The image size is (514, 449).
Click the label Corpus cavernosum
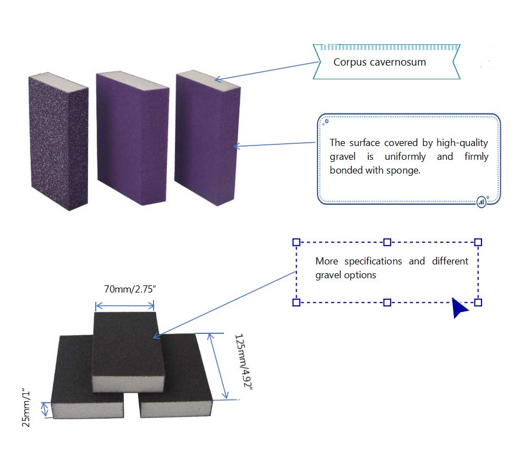tap(379, 62)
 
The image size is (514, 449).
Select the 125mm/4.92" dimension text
tap(243, 362)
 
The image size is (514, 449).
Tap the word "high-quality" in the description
tap(462, 143)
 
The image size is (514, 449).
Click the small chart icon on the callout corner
tap(482, 202)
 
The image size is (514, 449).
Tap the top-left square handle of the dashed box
tap(296, 242)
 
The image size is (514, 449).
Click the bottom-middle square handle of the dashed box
tap(387, 302)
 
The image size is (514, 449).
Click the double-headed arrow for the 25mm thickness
tap(45, 409)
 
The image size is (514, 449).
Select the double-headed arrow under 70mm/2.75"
tap(124, 305)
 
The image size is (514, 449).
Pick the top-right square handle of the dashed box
tap(478, 242)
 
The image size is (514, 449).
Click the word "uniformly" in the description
tap(405, 156)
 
